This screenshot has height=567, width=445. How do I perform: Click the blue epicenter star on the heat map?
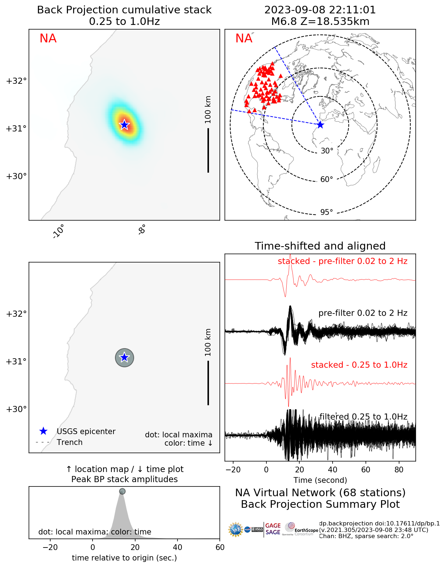pos(124,125)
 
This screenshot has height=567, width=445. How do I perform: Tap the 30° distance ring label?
pos(327,151)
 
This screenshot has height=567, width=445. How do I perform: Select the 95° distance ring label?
pos(326,212)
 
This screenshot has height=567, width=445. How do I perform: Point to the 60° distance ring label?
pos(326,179)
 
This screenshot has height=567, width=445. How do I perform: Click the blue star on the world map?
pos(320,125)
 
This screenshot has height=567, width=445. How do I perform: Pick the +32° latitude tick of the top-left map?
pos(16,81)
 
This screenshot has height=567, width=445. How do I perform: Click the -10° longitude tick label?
pos(59,231)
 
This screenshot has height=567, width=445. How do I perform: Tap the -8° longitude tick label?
pos(142,229)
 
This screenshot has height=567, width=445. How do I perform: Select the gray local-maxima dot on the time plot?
pos(122,492)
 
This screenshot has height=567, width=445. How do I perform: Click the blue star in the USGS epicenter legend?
pos(43,431)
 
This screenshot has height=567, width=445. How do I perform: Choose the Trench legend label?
pos(69,442)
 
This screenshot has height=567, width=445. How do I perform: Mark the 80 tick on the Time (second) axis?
pos(399,470)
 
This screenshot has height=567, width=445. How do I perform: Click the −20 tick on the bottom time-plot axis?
pos(50,547)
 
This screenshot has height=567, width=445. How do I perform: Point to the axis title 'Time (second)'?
pos(320,480)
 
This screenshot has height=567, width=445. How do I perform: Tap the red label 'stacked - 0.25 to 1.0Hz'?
pos(359,365)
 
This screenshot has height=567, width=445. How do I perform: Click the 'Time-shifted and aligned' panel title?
pos(320,246)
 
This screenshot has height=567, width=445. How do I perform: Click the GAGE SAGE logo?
pos(273,529)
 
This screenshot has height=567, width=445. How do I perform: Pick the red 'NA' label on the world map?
pos(244,39)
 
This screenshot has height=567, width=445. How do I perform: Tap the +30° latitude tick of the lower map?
pos(16,409)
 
